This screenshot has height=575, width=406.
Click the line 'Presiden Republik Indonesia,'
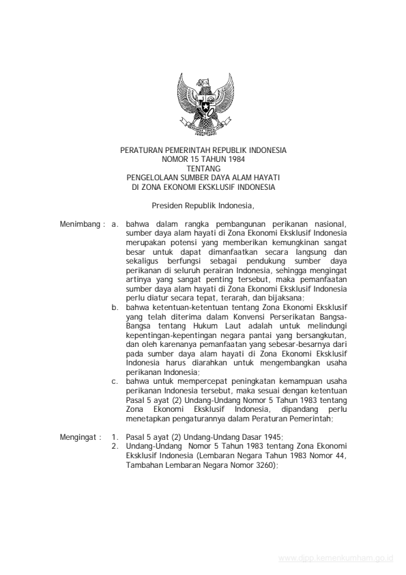pos(203,204)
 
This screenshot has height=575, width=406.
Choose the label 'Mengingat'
pos(79,437)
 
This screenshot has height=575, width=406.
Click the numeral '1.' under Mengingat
pos(115,437)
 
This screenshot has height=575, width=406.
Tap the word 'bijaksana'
pos(285,298)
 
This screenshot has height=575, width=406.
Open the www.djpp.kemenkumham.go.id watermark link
pos(337,558)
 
